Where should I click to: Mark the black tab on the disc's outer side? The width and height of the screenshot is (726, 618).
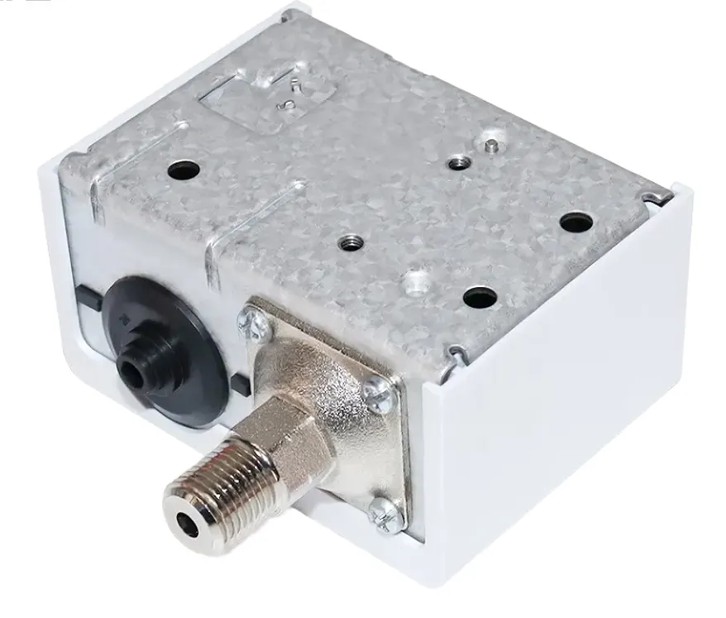coord(85,295)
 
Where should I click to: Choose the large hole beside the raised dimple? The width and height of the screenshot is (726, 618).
coord(479,297)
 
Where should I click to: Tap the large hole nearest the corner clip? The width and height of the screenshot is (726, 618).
coord(576,222)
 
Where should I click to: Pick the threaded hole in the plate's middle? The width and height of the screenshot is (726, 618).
coord(349,242)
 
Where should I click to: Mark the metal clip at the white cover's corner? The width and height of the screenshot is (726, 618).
coord(657,195)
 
